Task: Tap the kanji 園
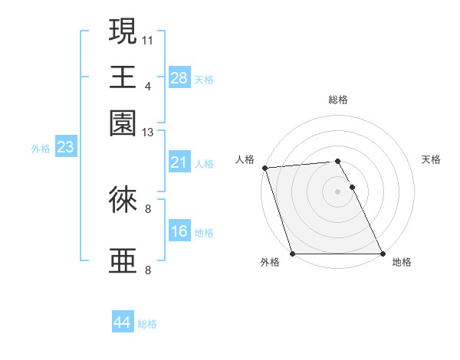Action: click(x=123, y=122)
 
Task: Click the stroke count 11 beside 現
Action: click(x=148, y=39)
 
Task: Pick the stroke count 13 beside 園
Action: click(x=148, y=133)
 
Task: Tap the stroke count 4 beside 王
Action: click(x=148, y=86)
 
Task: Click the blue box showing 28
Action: click(x=179, y=78)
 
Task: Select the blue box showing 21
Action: click(x=179, y=163)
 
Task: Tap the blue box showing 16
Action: click(x=179, y=232)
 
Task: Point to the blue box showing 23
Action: click(x=64, y=148)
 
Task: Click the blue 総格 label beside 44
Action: click(x=147, y=324)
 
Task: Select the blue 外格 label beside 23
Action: click(x=41, y=149)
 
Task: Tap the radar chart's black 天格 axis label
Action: click(x=431, y=159)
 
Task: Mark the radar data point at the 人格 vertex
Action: click(x=264, y=168)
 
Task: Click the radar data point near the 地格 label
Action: click(x=382, y=254)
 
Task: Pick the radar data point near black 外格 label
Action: click(x=292, y=254)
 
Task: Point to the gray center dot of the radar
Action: click(x=337, y=191)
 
